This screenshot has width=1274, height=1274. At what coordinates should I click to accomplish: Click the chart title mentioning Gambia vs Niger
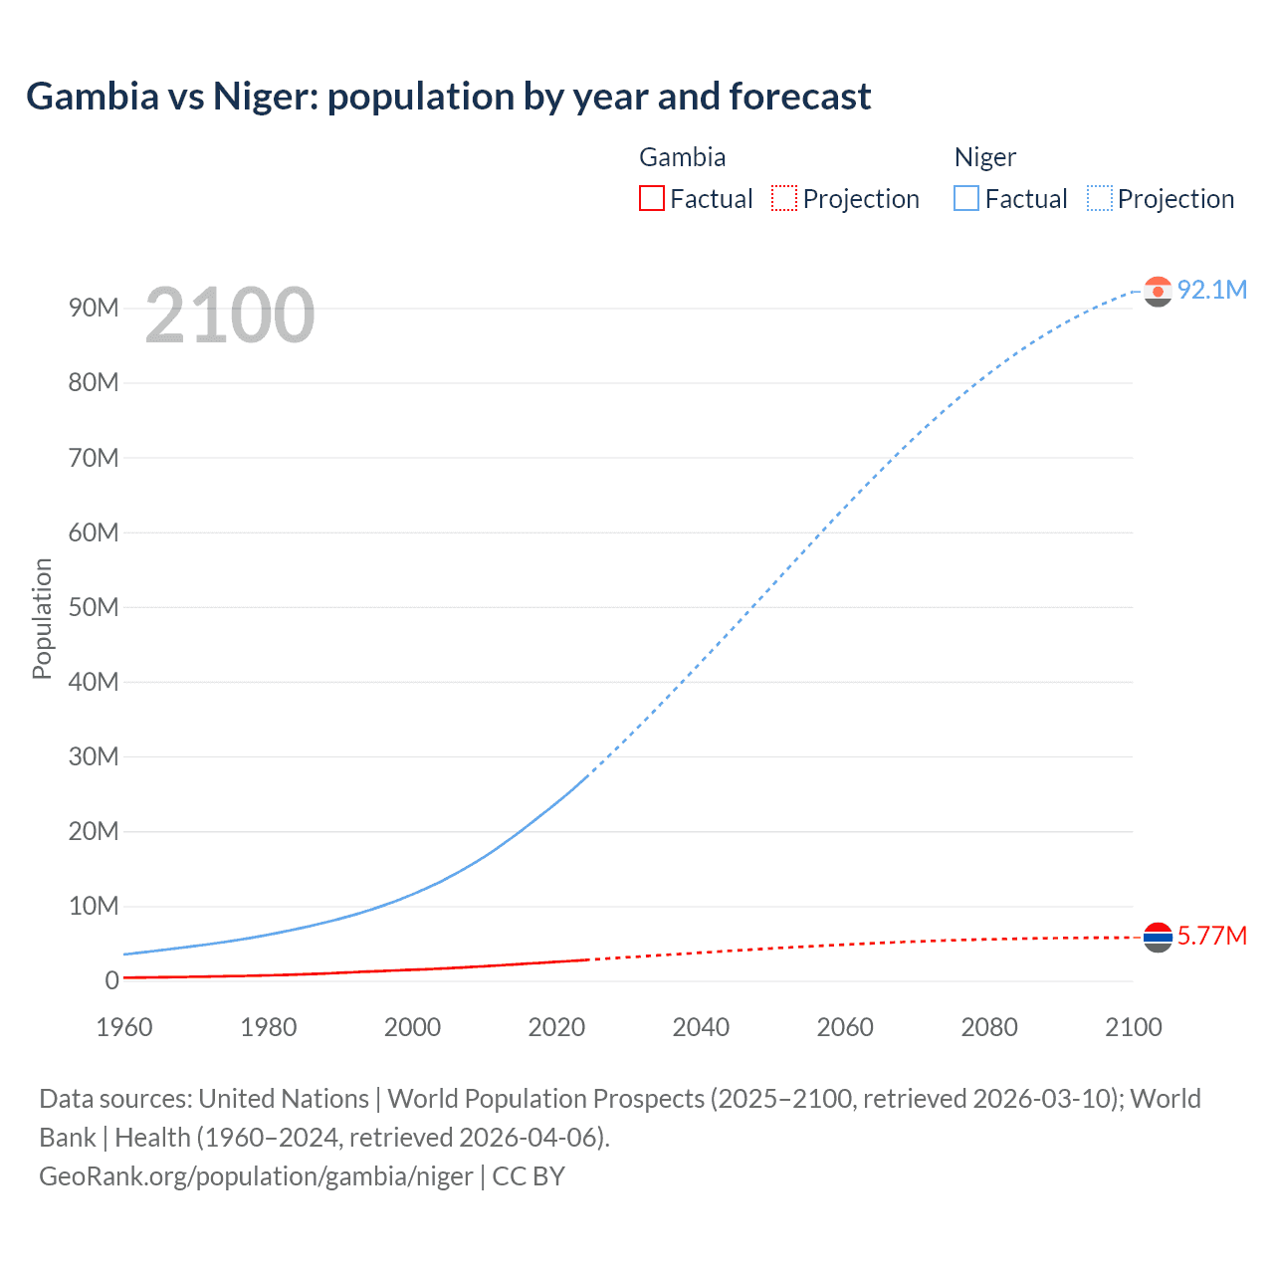(x=448, y=97)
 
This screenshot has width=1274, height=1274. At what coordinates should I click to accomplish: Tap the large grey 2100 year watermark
(x=230, y=316)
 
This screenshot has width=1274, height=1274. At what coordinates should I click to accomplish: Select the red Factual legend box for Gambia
(x=652, y=199)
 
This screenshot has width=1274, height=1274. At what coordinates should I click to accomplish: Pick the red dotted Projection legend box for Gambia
(x=784, y=199)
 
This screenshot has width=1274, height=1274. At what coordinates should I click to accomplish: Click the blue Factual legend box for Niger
(x=966, y=199)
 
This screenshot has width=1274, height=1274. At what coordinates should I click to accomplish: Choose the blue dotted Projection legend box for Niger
(x=1100, y=199)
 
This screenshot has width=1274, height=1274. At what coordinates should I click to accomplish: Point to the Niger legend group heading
(x=985, y=157)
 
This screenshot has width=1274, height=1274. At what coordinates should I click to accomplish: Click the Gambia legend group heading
(x=682, y=157)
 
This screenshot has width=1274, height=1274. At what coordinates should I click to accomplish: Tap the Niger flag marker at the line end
(x=1158, y=291)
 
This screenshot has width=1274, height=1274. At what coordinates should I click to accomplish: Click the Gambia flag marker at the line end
(x=1158, y=937)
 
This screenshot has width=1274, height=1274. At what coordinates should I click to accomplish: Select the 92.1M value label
(x=1211, y=290)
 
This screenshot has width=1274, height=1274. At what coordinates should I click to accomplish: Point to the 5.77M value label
(x=1211, y=936)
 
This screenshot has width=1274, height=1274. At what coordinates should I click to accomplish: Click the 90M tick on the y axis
(x=94, y=308)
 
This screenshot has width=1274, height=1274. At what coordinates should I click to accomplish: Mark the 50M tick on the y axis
(x=94, y=607)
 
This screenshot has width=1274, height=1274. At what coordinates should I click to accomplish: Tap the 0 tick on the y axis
(x=111, y=980)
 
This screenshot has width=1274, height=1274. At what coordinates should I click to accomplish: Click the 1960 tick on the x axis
(x=124, y=1027)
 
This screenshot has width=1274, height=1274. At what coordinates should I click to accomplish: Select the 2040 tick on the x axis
(x=701, y=1027)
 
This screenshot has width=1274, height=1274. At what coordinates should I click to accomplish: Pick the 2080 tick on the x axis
(x=989, y=1027)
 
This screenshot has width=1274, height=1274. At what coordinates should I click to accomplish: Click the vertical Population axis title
(x=42, y=618)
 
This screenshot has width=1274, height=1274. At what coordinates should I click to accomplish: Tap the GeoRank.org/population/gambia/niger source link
(x=256, y=1176)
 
